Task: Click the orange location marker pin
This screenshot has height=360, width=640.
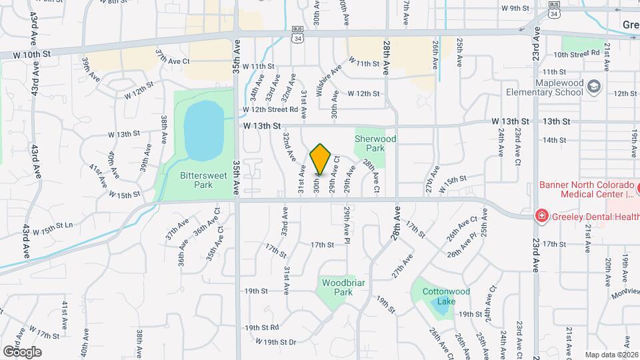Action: (321, 159)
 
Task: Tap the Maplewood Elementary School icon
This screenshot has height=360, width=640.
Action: (595, 86)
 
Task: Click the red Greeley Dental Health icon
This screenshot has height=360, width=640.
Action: (542, 215)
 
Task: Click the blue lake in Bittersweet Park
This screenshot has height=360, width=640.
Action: (203, 130)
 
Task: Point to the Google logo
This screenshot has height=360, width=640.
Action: (22, 351)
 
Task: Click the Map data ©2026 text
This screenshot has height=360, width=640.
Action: (611, 355)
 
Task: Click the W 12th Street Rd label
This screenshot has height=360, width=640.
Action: (269, 109)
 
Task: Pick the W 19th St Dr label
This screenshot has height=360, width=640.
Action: (275, 342)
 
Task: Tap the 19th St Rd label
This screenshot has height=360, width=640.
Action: (261, 328)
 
